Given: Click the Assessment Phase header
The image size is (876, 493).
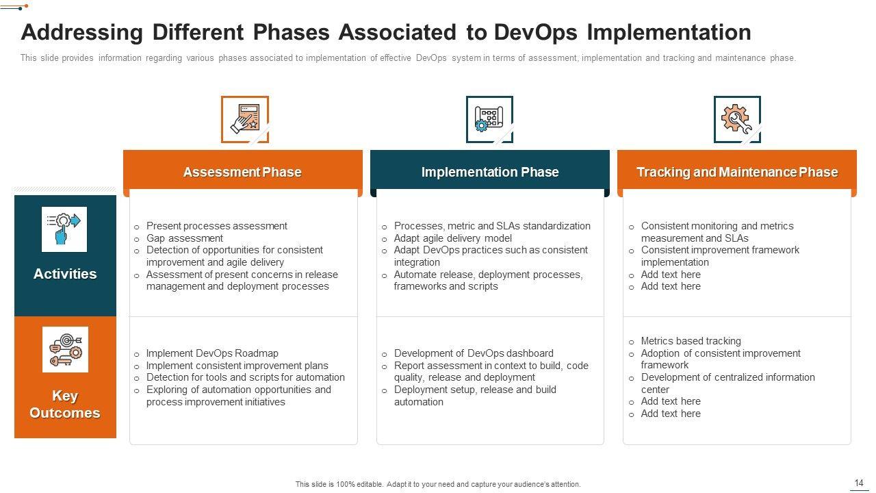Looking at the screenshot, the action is (242, 172).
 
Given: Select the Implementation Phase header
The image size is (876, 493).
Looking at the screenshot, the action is (489, 172).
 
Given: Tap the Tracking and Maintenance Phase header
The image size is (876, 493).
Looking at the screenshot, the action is (737, 172).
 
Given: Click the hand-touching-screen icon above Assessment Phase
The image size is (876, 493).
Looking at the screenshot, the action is (245, 119).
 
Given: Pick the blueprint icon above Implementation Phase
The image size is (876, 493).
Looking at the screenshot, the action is (489, 119).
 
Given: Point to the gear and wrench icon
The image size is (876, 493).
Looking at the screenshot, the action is (737, 119).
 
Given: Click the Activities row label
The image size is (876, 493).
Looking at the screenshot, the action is (65, 274).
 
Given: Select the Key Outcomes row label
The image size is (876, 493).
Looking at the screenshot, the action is (65, 404).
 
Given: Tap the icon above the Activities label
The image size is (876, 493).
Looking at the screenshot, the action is (64, 229).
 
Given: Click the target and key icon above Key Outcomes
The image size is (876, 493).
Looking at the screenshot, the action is (65, 349).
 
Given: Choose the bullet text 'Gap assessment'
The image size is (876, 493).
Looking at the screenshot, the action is (185, 238).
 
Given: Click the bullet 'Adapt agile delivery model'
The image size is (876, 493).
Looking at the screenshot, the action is (452, 238).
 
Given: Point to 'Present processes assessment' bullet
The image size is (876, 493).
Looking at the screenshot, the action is (217, 226).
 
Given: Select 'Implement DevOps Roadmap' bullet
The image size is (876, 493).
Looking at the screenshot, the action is (212, 353).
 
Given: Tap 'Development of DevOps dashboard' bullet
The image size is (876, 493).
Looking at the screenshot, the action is (474, 353).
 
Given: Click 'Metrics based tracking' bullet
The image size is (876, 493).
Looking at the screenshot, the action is (691, 341).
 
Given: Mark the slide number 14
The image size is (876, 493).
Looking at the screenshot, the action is (859, 483).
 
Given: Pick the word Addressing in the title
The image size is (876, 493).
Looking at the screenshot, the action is (81, 33).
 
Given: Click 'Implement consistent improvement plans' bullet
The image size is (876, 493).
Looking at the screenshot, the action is (237, 366).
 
